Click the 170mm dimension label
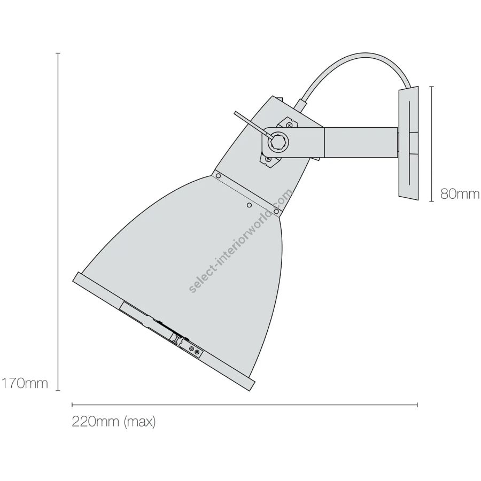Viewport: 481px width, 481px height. (25, 383)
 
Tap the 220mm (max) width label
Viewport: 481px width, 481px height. (114, 422)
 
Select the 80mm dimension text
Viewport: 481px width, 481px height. (460, 194)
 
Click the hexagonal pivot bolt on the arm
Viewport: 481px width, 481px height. (278, 142)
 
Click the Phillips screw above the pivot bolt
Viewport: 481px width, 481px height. (289, 125)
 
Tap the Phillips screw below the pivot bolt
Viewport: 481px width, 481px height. (268, 159)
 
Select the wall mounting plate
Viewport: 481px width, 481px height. (408, 143)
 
